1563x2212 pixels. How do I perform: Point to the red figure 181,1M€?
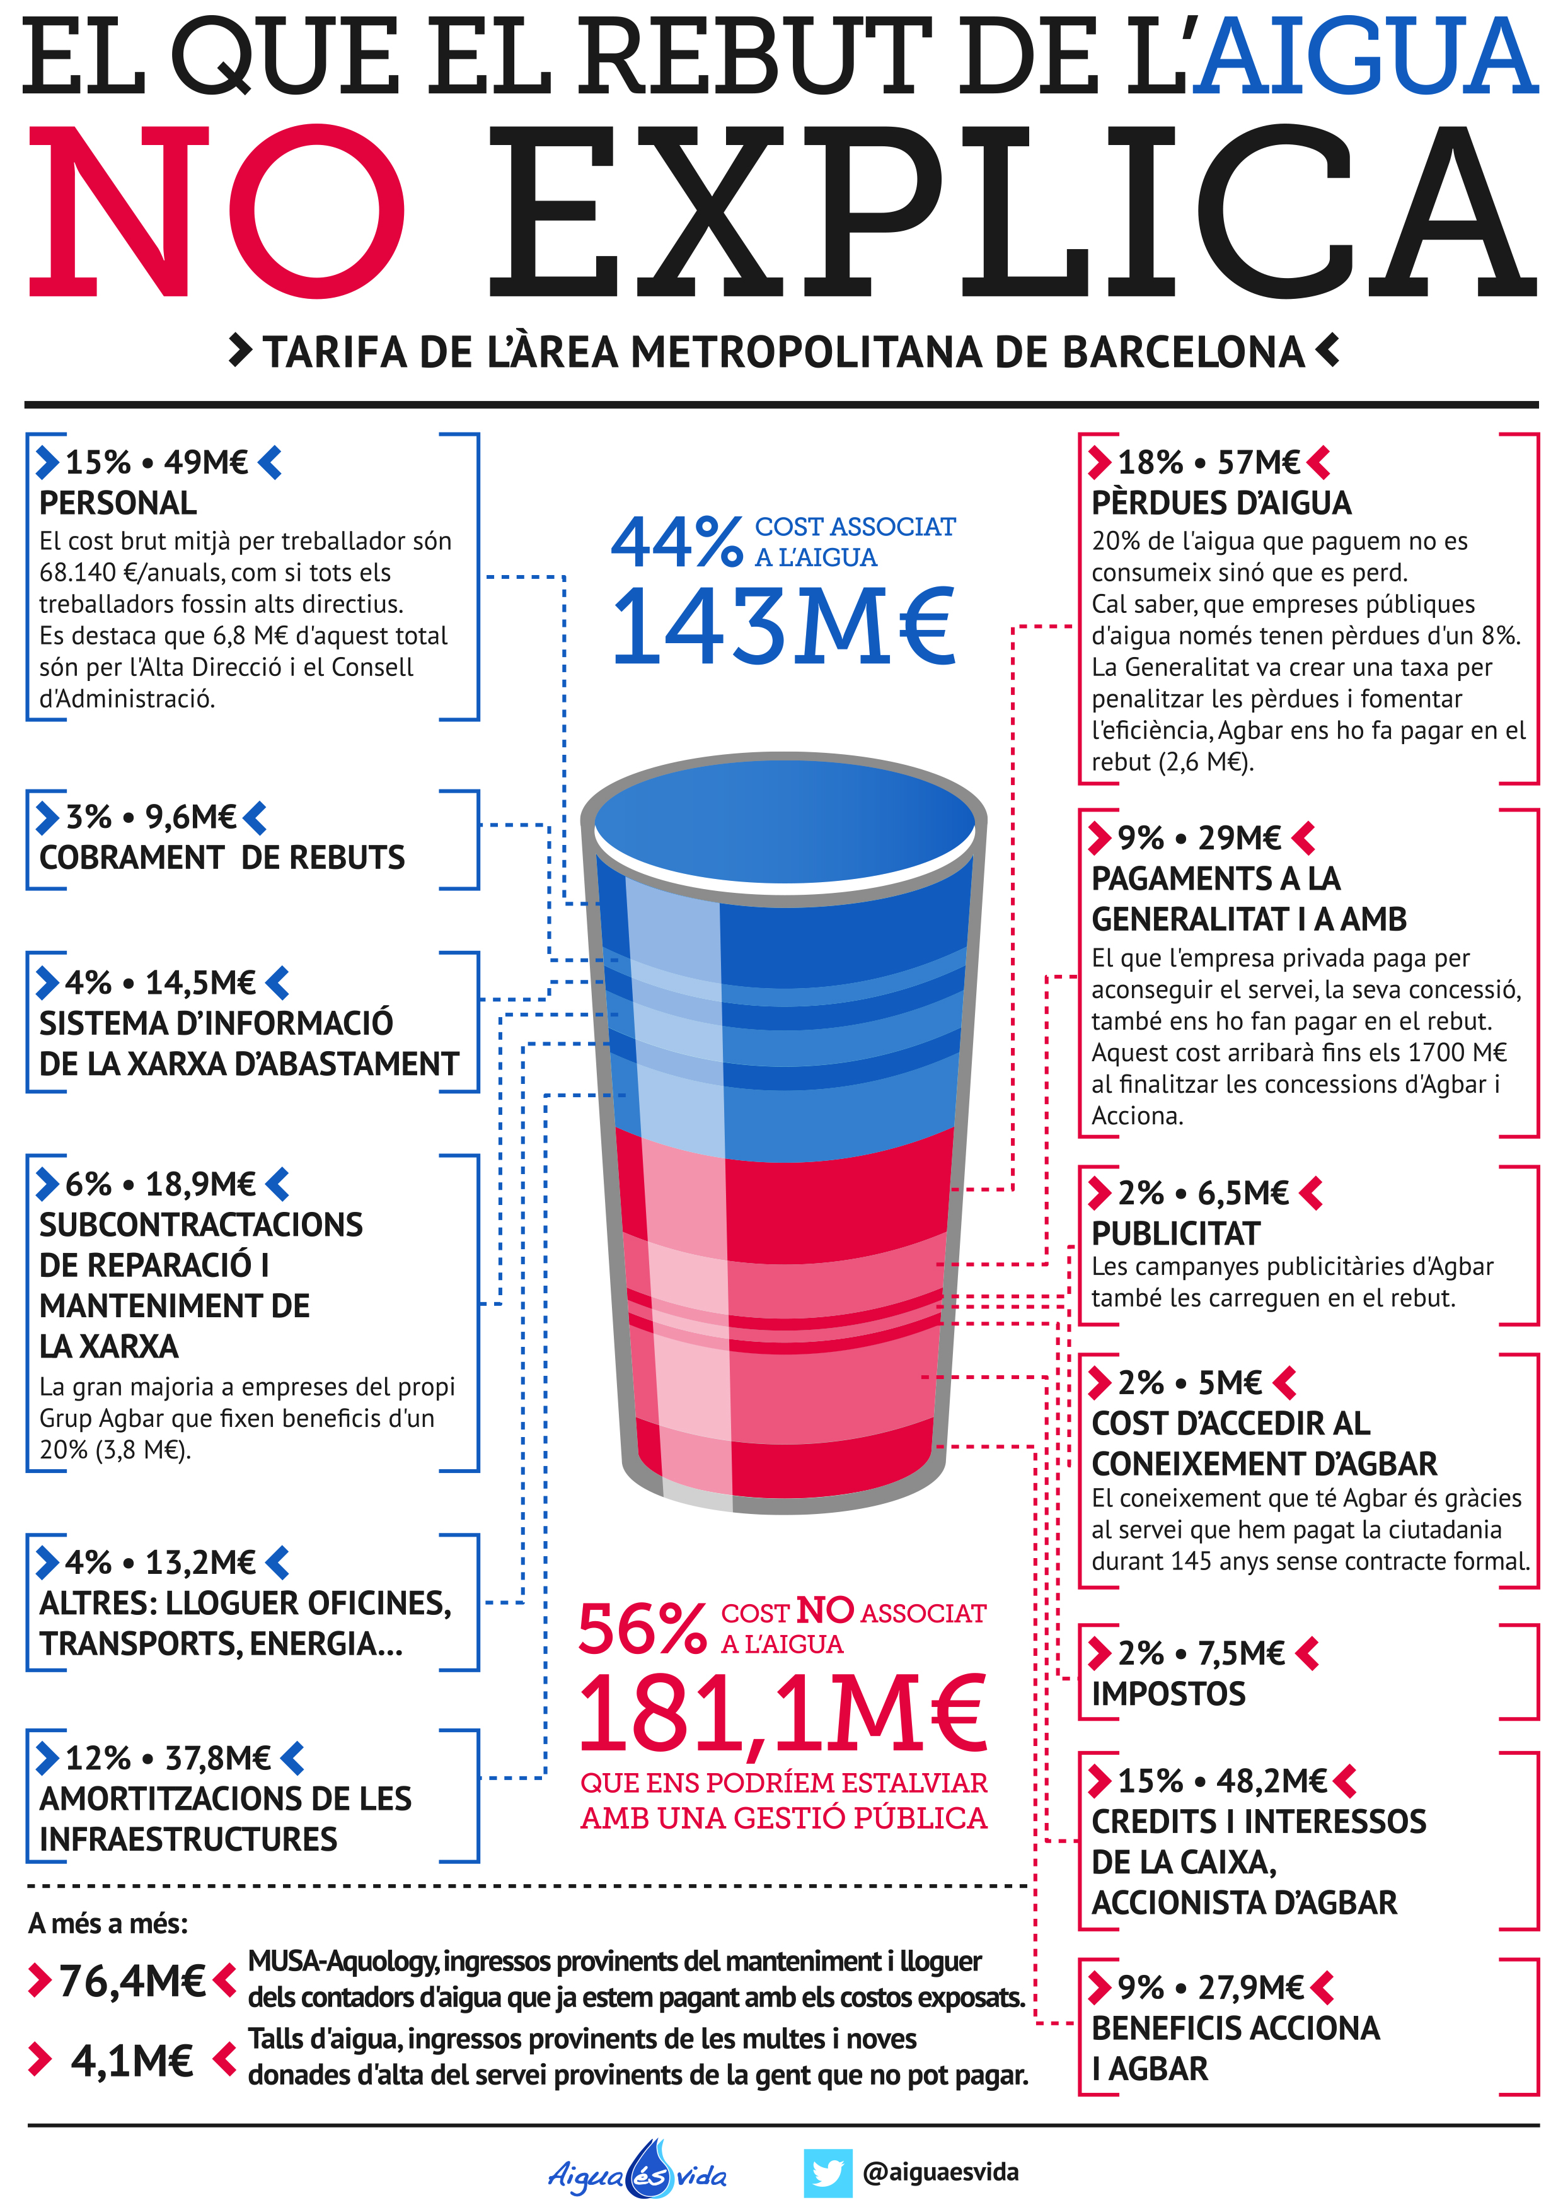[783, 1714]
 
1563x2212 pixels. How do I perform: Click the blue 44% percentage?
[676, 542]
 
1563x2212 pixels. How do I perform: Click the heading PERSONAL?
[117, 503]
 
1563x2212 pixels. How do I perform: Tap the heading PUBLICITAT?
[1175, 1233]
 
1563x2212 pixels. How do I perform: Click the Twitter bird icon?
[828, 2172]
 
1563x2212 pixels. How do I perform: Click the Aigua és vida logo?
[638, 2172]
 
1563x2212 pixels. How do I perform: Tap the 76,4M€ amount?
[132, 1981]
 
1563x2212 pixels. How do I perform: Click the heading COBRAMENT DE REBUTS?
[221, 858]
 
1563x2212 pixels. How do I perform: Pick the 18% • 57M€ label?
[1209, 462]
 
